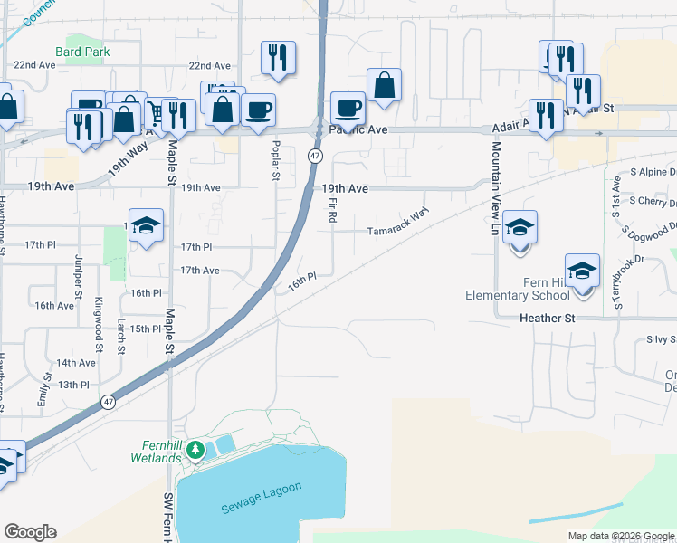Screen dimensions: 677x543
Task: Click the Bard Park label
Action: click(82, 52)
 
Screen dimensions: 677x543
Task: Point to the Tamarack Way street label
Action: click(396, 230)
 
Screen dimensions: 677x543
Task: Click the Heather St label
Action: click(548, 319)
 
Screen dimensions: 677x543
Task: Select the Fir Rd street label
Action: click(334, 214)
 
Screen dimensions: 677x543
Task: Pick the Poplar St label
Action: click(275, 158)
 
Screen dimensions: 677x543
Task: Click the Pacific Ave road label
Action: click(358, 130)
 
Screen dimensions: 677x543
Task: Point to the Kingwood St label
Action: click(98, 316)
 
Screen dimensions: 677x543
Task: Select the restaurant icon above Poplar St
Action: click(278, 57)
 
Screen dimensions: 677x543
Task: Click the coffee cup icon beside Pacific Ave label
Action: click(348, 109)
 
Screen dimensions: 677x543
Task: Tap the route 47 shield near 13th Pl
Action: click(108, 403)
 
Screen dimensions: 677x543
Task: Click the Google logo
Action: click(30, 532)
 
